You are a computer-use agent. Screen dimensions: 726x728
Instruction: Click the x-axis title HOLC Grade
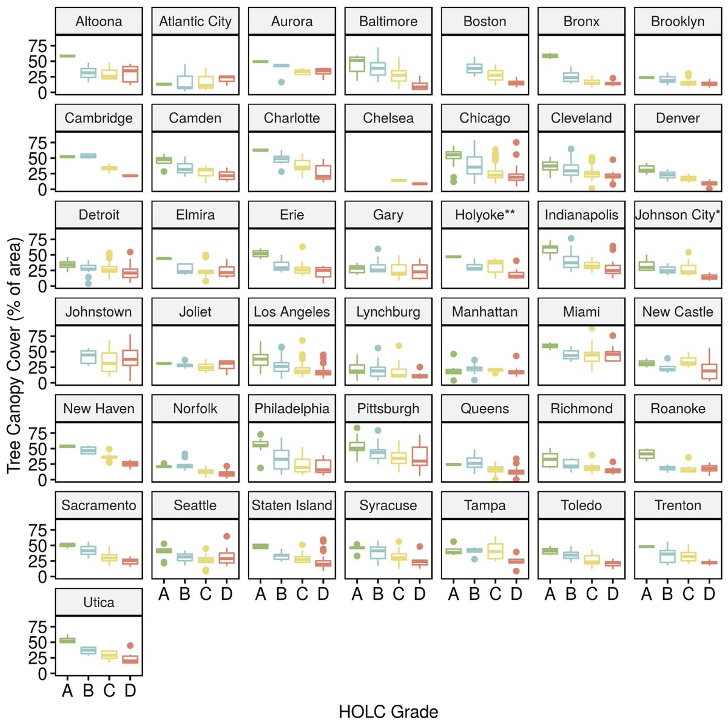[388, 711]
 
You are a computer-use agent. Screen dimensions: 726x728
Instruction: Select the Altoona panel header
[99, 22]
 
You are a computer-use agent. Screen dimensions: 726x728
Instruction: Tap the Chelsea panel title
[388, 118]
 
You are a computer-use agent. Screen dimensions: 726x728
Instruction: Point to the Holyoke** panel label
[485, 215]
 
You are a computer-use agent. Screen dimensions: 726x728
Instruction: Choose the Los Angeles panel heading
[292, 312]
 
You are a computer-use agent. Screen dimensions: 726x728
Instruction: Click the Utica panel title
[99, 602]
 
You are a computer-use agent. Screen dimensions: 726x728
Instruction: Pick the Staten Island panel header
[292, 505]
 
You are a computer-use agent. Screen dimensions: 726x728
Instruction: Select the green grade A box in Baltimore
[357, 65]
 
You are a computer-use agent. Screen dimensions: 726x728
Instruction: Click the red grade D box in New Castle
[709, 371]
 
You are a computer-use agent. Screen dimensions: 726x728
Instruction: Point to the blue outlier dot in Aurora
[281, 82]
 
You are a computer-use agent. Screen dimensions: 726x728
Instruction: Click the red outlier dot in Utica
[130, 646]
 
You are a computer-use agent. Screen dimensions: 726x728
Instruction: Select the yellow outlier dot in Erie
[302, 247]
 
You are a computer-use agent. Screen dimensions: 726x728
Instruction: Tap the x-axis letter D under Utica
[130, 690]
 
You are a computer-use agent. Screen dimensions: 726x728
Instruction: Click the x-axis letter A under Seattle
[164, 594]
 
